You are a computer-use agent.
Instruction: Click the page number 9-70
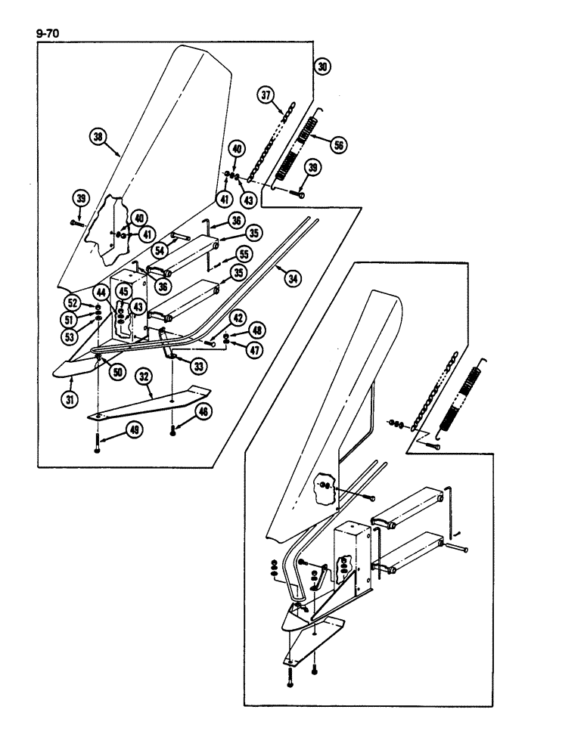(x=46, y=33)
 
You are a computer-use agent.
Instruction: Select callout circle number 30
(x=323, y=67)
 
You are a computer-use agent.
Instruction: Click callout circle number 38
(x=96, y=137)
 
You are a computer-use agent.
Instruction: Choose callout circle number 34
(x=290, y=279)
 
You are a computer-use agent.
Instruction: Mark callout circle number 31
(x=70, y=401)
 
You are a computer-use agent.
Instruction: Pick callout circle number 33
(x=199, y=366)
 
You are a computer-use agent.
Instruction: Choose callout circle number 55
(x=244, y=256)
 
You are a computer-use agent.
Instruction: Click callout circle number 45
(x=123, y=293)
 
